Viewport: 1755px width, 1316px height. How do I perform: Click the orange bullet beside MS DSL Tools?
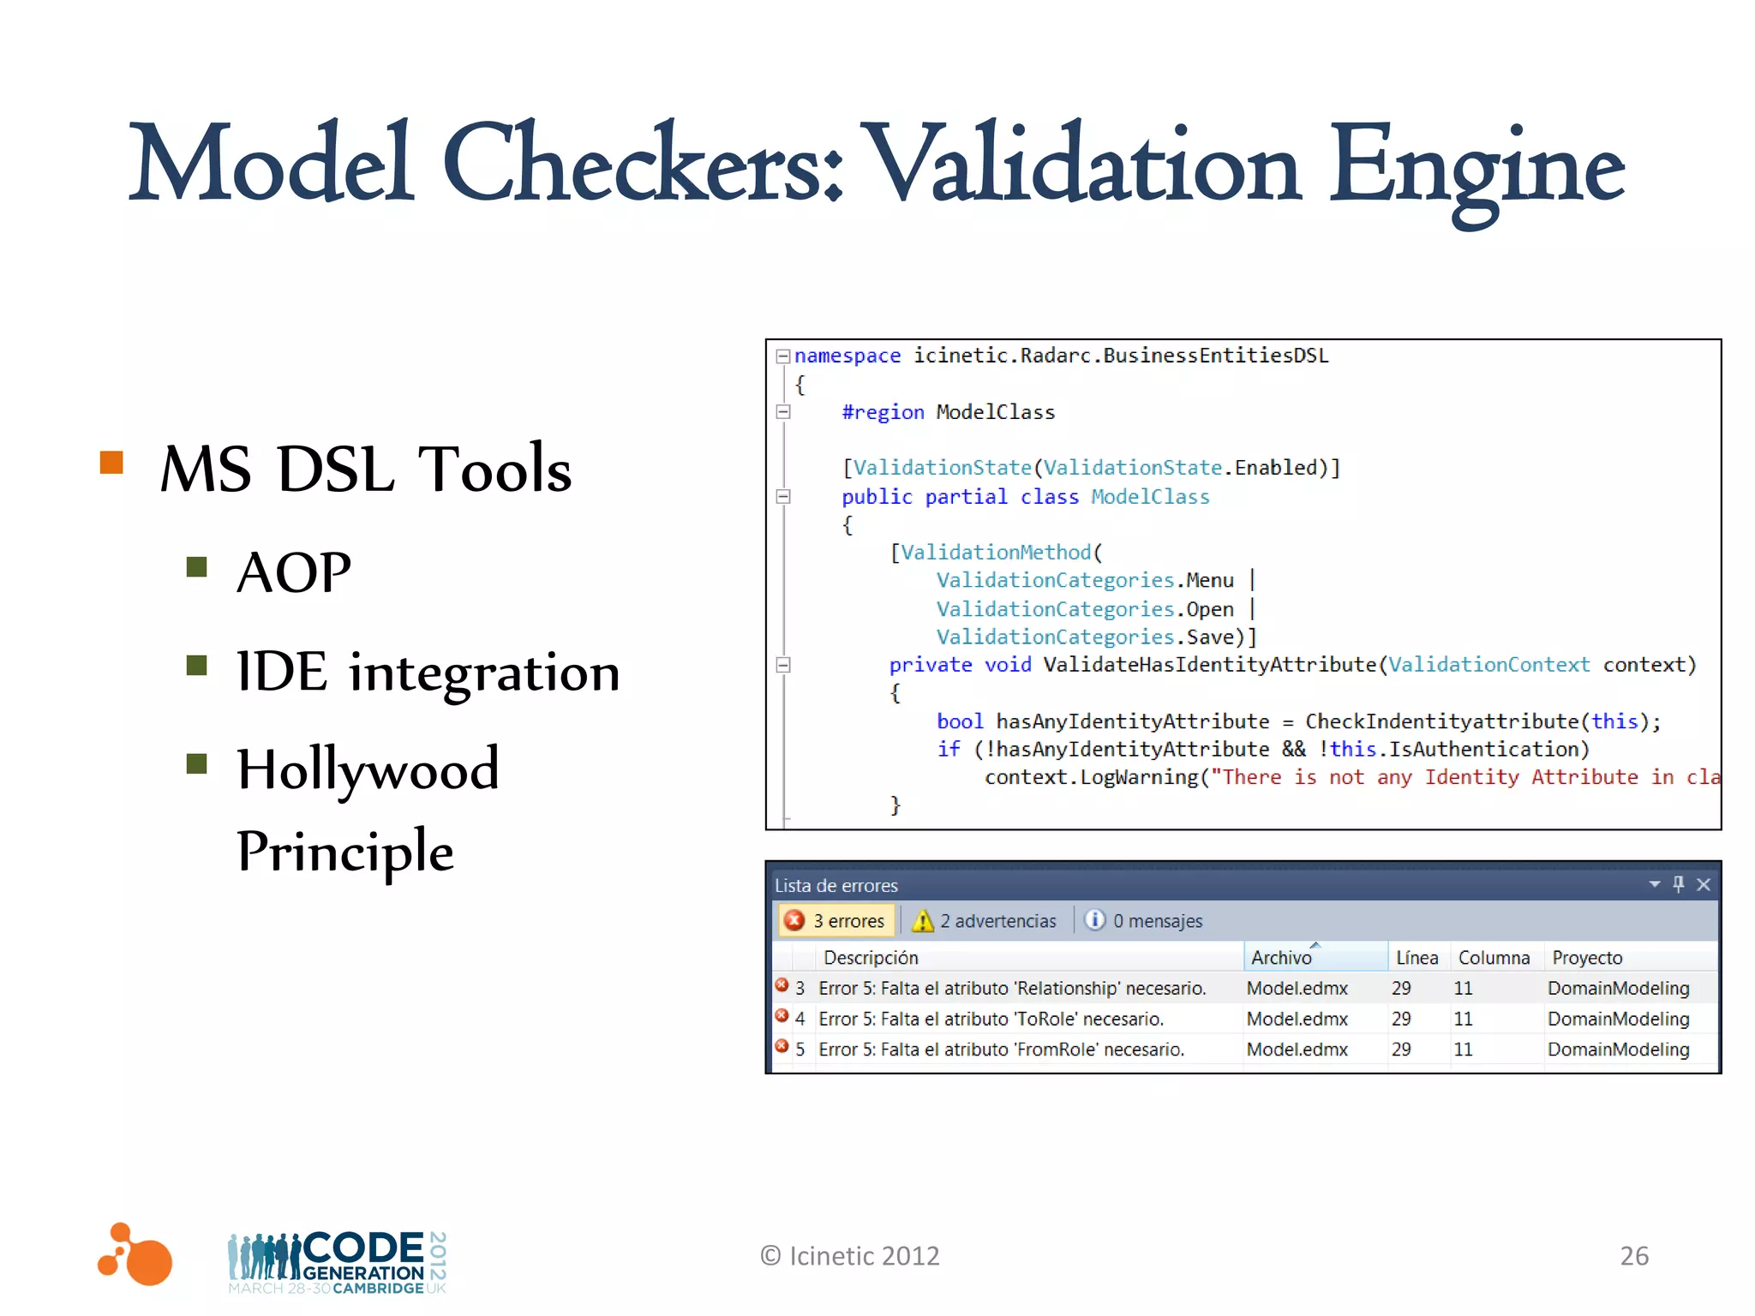pyautogui.click(x=112, y=463)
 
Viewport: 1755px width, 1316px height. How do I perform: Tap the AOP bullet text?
pyautogui.click(x=294, y=572)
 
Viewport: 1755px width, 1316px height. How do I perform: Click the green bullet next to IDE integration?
pyautogui.click(x=197, y=665)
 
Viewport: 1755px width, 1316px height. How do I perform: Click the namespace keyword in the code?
pyautogui.click(x=847, y=356)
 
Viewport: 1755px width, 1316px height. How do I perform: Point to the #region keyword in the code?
pyautogui.click(x=883, y=412)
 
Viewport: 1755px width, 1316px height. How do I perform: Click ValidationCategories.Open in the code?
pyautogui.click(x=1085, y=609)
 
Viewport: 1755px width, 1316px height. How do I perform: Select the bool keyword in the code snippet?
pyautogui.click(x=959, y=721)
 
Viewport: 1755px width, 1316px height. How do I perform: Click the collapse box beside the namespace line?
pyautogui.click(x=782, y=356)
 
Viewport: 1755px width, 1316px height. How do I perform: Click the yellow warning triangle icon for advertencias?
pyautogui.click(x=922, y=921)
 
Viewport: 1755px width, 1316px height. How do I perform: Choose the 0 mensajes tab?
pyautogui.click(x=1144, y=920)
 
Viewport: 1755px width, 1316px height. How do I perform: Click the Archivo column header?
pyautogui.click(x=1281, y=957)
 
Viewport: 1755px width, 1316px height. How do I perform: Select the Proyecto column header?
pyautogui.click(x=1587, y=957)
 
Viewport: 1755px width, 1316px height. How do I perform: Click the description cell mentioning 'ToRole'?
pyautogui.click(x=991, y=1019)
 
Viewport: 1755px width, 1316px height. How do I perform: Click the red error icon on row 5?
pyautogui.click(x=782, y=1046)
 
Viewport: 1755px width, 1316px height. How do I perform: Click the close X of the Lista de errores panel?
pyautogui.click(x=1704, y=884)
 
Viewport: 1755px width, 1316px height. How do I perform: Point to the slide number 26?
pyautogui.click(x=1634, y=1255)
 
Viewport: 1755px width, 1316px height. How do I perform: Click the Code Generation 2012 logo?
pyautogui.click(x=337, y=1261)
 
